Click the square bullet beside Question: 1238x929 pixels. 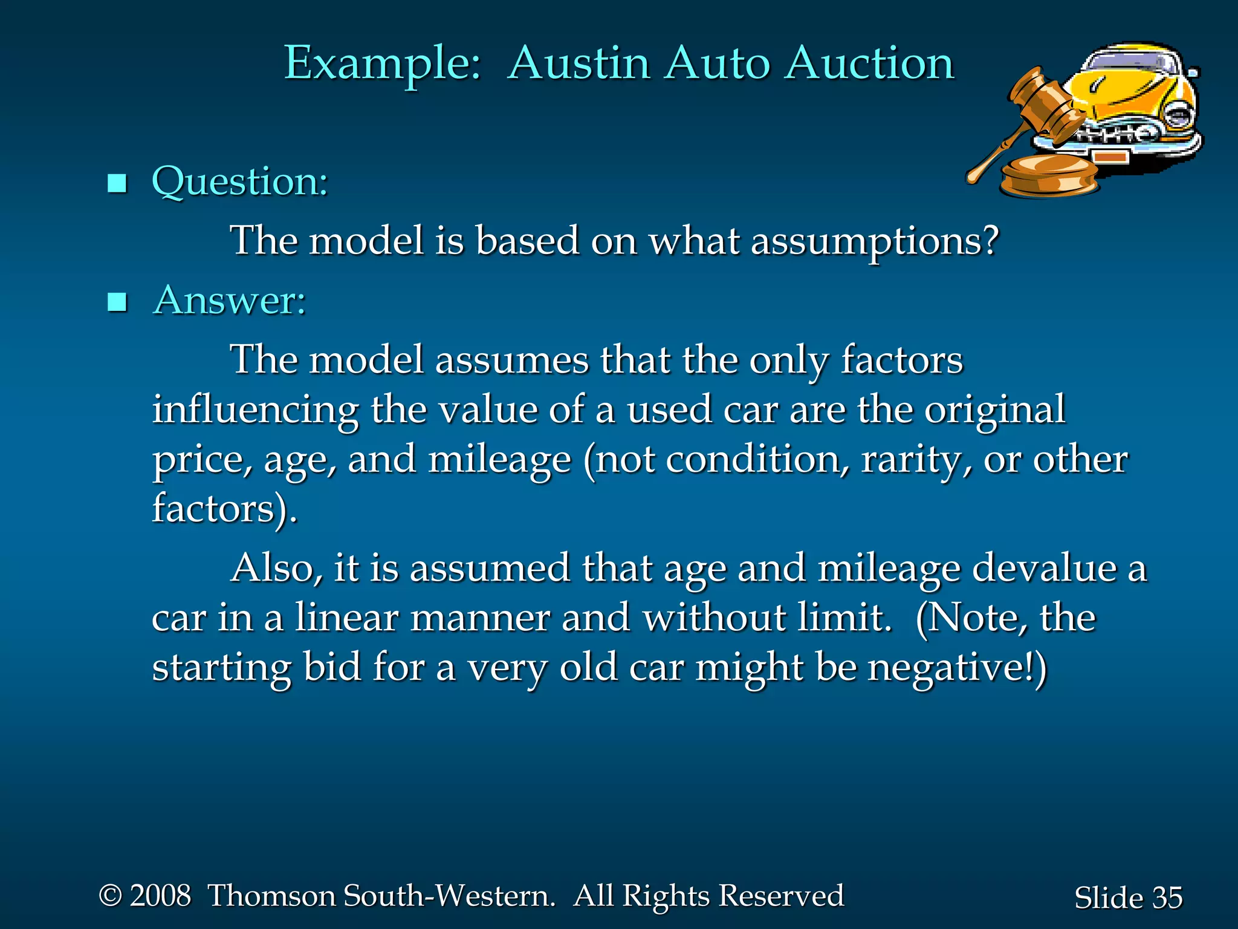click(117, 183)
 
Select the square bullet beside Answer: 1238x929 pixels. click(117, 302)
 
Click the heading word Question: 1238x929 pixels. click(239, 181)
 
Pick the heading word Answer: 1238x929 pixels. click(230, 300)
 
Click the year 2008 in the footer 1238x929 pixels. click(160, 896)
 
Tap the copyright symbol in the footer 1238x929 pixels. click(110, 896)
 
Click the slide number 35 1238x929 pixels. click(1167, 898)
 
